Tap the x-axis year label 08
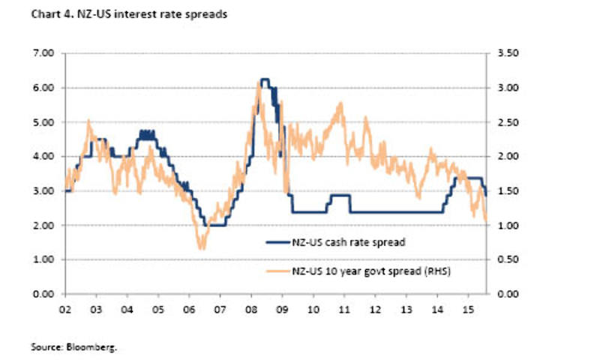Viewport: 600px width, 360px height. [250, 308]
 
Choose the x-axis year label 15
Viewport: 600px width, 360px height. [468, 308]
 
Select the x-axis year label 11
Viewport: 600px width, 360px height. [344, 308]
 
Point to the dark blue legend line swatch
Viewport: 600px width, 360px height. [277, 241]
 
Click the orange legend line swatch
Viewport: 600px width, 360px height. [277, 269]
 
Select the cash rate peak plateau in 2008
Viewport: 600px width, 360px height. [265, 79]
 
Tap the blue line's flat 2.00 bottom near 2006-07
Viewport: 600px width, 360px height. [216, 225]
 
